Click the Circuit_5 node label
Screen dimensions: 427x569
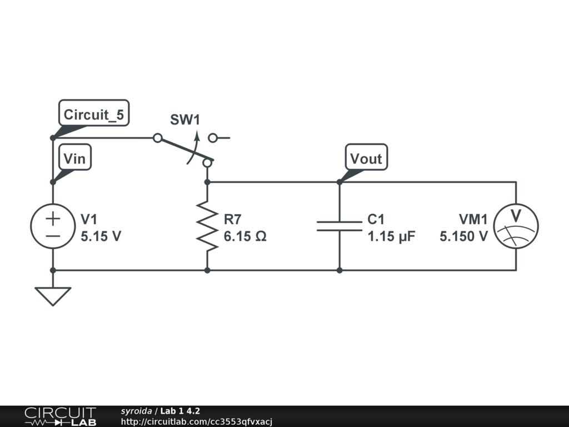tap(94, 115)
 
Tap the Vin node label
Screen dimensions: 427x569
tap(74, 158)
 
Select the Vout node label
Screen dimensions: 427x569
tap(366, 158)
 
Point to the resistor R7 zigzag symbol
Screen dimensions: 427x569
tap(207, 226)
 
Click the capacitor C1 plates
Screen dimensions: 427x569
tap(340, 226)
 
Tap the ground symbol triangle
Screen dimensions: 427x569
tap(53, 295)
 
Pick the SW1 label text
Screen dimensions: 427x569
tap(184, 120)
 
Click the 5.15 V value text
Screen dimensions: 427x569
tap(101, 236)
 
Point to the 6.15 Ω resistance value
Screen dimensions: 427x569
tap(245, 236)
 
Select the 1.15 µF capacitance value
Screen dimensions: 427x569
tap(391, 236)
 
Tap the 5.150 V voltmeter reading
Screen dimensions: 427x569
tap(464, 236)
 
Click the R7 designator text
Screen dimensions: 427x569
tap(233, 219)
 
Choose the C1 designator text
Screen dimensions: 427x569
tap(376, 219)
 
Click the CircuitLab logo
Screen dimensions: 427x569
tap(59, 416)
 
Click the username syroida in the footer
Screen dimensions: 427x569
tap(136, 411)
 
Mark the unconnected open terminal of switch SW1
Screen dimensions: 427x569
tap(213, 138)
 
